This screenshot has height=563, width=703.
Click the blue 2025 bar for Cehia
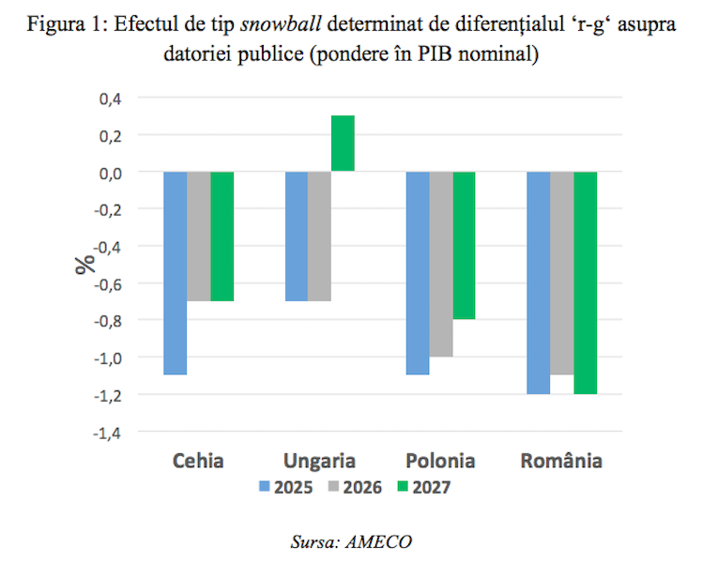176,272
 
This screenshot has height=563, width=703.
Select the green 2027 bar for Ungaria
343,144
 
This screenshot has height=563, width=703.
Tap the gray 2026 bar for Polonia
441,264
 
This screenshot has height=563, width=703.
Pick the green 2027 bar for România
586,282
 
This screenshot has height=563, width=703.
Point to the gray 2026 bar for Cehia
199,236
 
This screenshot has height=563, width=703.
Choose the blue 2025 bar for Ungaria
297,236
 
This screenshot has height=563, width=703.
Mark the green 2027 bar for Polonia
465,245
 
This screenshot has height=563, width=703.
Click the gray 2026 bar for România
562,273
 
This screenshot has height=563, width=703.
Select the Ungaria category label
320,461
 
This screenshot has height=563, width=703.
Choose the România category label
561,461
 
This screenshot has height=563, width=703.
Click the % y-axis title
85,263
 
